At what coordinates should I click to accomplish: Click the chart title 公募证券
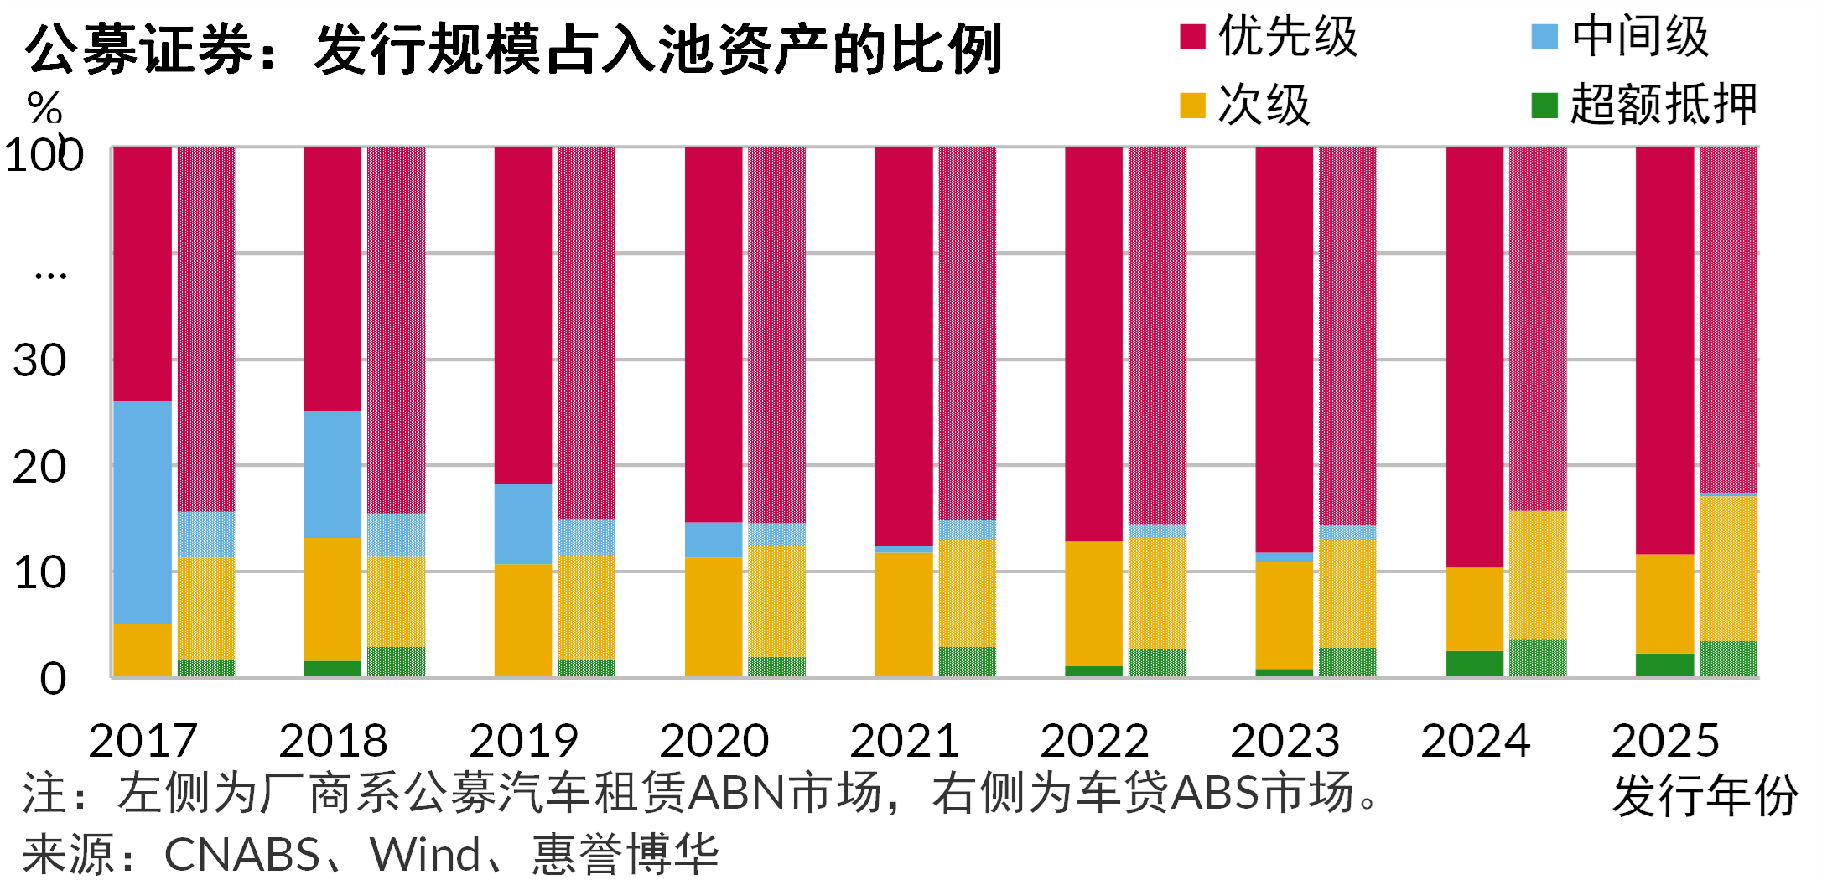[x=139, y=49]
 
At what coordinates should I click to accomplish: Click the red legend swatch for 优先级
[x=1191, y=37]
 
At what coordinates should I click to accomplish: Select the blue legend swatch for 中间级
[x=1544, y=37]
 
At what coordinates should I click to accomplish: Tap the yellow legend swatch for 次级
[x=1191, y=106]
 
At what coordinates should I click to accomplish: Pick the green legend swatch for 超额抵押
[x=1544, y=106]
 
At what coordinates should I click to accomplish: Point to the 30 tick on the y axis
[x=39, y=361]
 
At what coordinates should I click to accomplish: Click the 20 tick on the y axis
[x=39, y=468]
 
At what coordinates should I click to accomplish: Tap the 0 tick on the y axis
[x=52, y=679]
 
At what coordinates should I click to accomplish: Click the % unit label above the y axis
[x=44, y=107]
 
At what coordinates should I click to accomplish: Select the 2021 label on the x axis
[x=904, y=741]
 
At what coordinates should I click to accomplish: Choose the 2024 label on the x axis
[x=1475, y=741]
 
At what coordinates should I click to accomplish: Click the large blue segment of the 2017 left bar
[x=143, y=511]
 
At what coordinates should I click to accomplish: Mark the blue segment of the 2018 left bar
[x=333, y=474]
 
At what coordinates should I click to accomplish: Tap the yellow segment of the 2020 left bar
[x=714, y=616]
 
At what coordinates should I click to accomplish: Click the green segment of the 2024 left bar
[x=1475, y=664]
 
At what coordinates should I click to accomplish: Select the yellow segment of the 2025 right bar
[x=1728, y=568]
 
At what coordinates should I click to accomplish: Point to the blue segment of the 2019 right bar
[x=586, y=537]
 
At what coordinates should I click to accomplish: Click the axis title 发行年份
[x=1704, y=795]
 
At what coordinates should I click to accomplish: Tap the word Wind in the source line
[x=425, y=855]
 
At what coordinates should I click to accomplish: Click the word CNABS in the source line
[x=242, y=855]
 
